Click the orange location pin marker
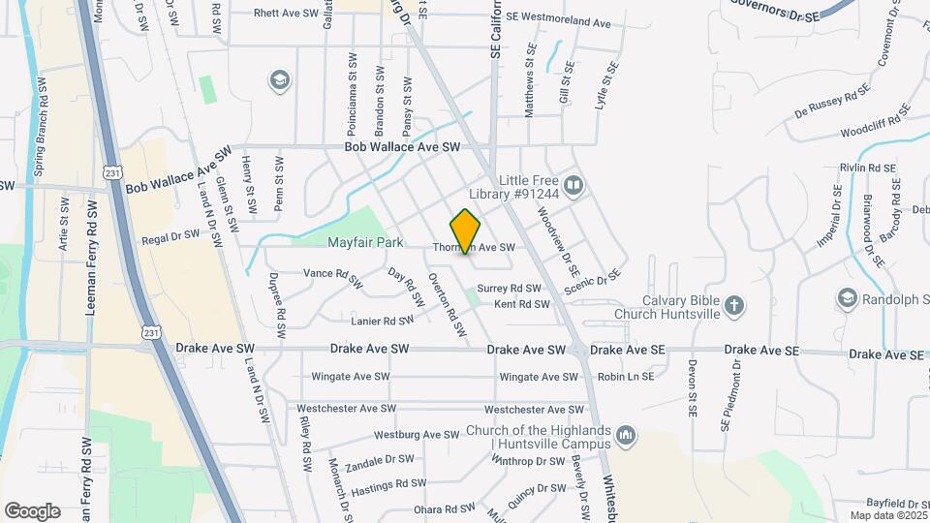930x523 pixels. pyautogui.click(x=465, y=231)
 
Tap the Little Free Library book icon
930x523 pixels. pyautogui.click(x=574, y=184)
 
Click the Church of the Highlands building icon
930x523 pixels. pyautogui.click(x=626, y=437)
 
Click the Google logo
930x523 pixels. pyautogui.click(x=32, y=510)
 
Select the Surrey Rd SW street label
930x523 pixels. pyautogui.click(x=509, y=289)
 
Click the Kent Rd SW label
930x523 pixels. pyautogui.click(x=522, y=304)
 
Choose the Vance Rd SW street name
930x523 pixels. pyautogui.click(x=332, y=274)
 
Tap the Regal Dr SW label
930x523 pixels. pyautogui.click(x=170, y=237)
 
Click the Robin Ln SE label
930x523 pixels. pyautogui.click(x=626, y=376)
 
